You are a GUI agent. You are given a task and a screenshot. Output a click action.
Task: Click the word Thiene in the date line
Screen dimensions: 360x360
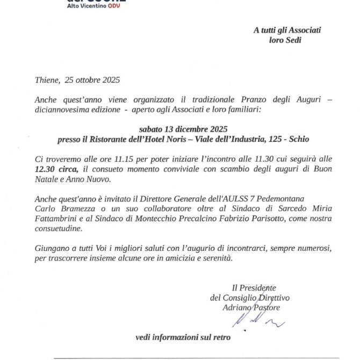[x=46, y=80]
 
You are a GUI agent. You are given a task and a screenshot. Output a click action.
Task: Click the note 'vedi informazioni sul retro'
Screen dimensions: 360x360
[x=183, y=338]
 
